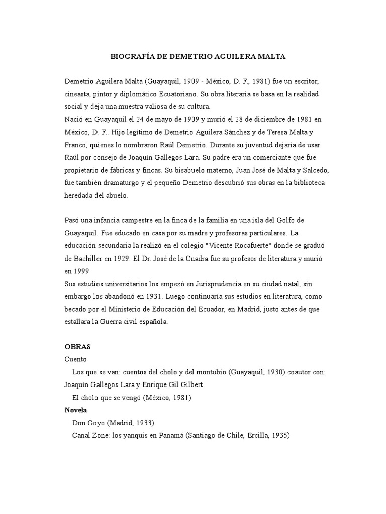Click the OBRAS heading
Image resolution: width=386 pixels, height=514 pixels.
(x=78, y=347)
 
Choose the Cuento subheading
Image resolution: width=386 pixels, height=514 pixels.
(x=76, y=359)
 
